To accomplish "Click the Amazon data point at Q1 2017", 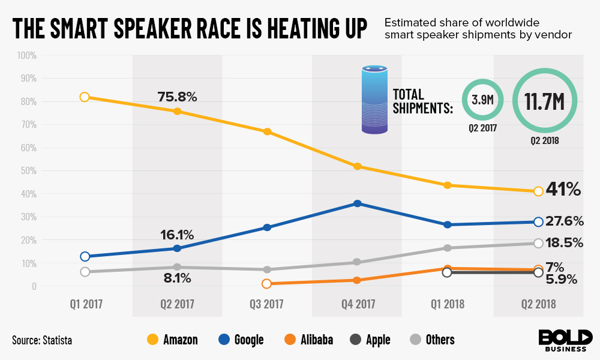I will click(85, 97).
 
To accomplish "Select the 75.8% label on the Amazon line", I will click(177, 97).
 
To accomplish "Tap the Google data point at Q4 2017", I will click(358, 203).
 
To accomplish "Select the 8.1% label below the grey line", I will click(177, 278).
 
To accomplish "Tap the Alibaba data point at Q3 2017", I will click(267, 284).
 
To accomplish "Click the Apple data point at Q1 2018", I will click(447, 272).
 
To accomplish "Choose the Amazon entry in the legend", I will click(175, 340).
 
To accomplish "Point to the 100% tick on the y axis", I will click(28, 56).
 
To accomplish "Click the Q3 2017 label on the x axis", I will click(268, 304).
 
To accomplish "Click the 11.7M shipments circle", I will click(544, 101).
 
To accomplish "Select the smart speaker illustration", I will click(375, 100).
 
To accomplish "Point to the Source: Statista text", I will click(42, 340).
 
